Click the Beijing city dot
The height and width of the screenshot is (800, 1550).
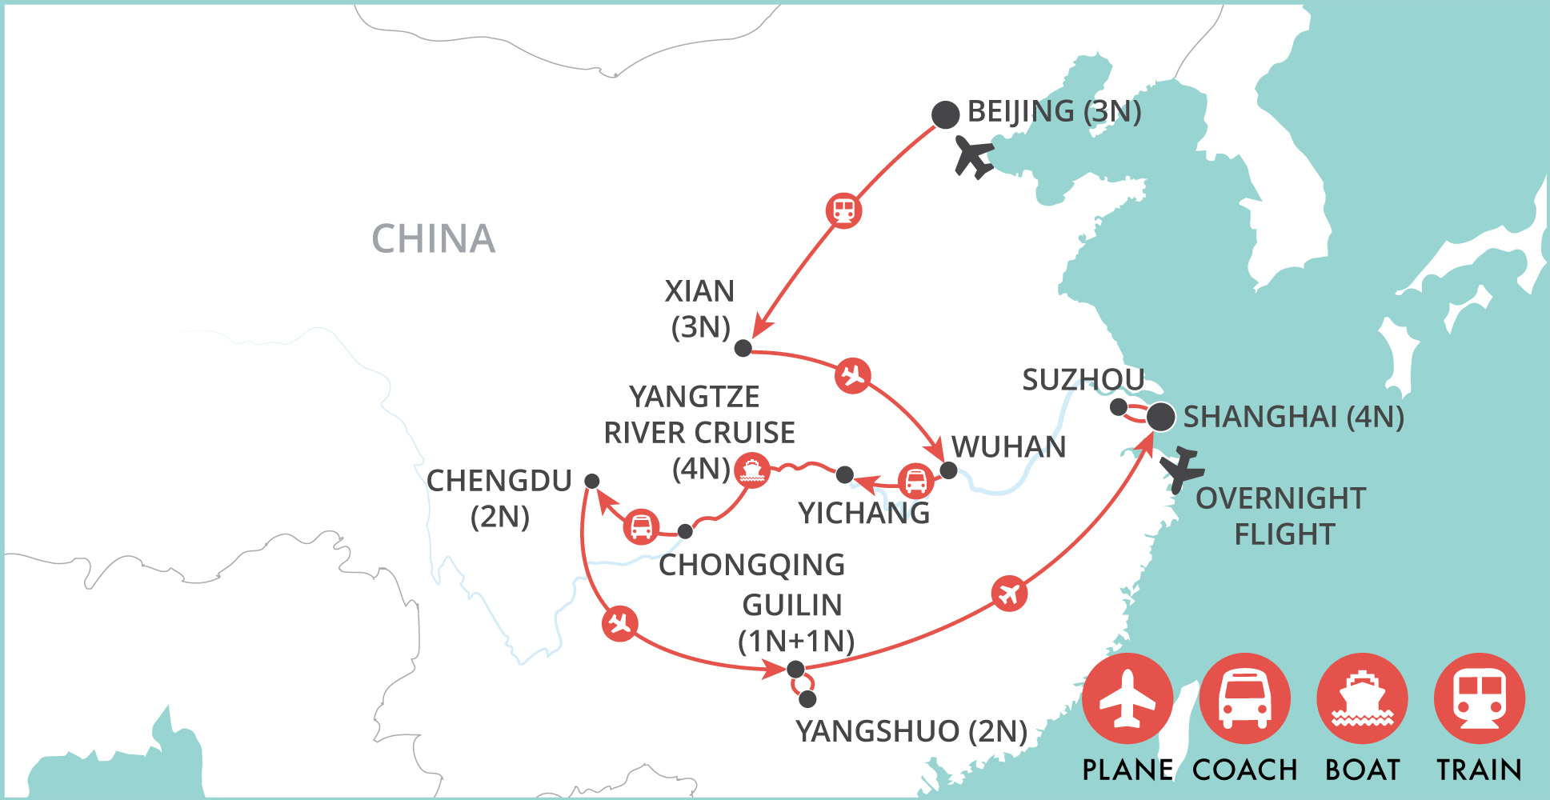point(945,114)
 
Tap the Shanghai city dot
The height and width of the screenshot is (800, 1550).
point(1160,417)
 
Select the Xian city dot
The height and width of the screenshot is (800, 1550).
point(743,348)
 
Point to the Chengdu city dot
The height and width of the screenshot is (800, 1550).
point(591,481)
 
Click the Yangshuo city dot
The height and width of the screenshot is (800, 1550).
point(807,699)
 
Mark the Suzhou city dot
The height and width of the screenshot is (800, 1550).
point(1119,407)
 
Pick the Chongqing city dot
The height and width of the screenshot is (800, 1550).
point(685,531)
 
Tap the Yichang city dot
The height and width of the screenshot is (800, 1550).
point(844,474)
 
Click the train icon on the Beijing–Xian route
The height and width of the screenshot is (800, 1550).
point(843,210)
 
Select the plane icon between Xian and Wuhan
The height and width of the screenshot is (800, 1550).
point(852,374)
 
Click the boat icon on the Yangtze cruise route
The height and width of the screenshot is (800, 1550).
point(751,470)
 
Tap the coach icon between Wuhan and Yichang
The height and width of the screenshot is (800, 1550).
point(915,481)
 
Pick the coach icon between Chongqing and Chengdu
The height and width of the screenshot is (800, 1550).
point(641,526)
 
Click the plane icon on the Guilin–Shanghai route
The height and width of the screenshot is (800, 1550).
point(1009,594)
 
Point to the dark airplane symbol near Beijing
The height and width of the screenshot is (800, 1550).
point(974,155)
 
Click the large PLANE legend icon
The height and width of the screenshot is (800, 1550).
point(1127,698)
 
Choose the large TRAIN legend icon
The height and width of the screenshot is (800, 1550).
point(1479,698)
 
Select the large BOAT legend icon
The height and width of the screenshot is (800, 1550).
point(1362,698)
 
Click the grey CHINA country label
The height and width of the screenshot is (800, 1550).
point(433,238)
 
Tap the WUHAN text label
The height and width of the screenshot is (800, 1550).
point(1008,446)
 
